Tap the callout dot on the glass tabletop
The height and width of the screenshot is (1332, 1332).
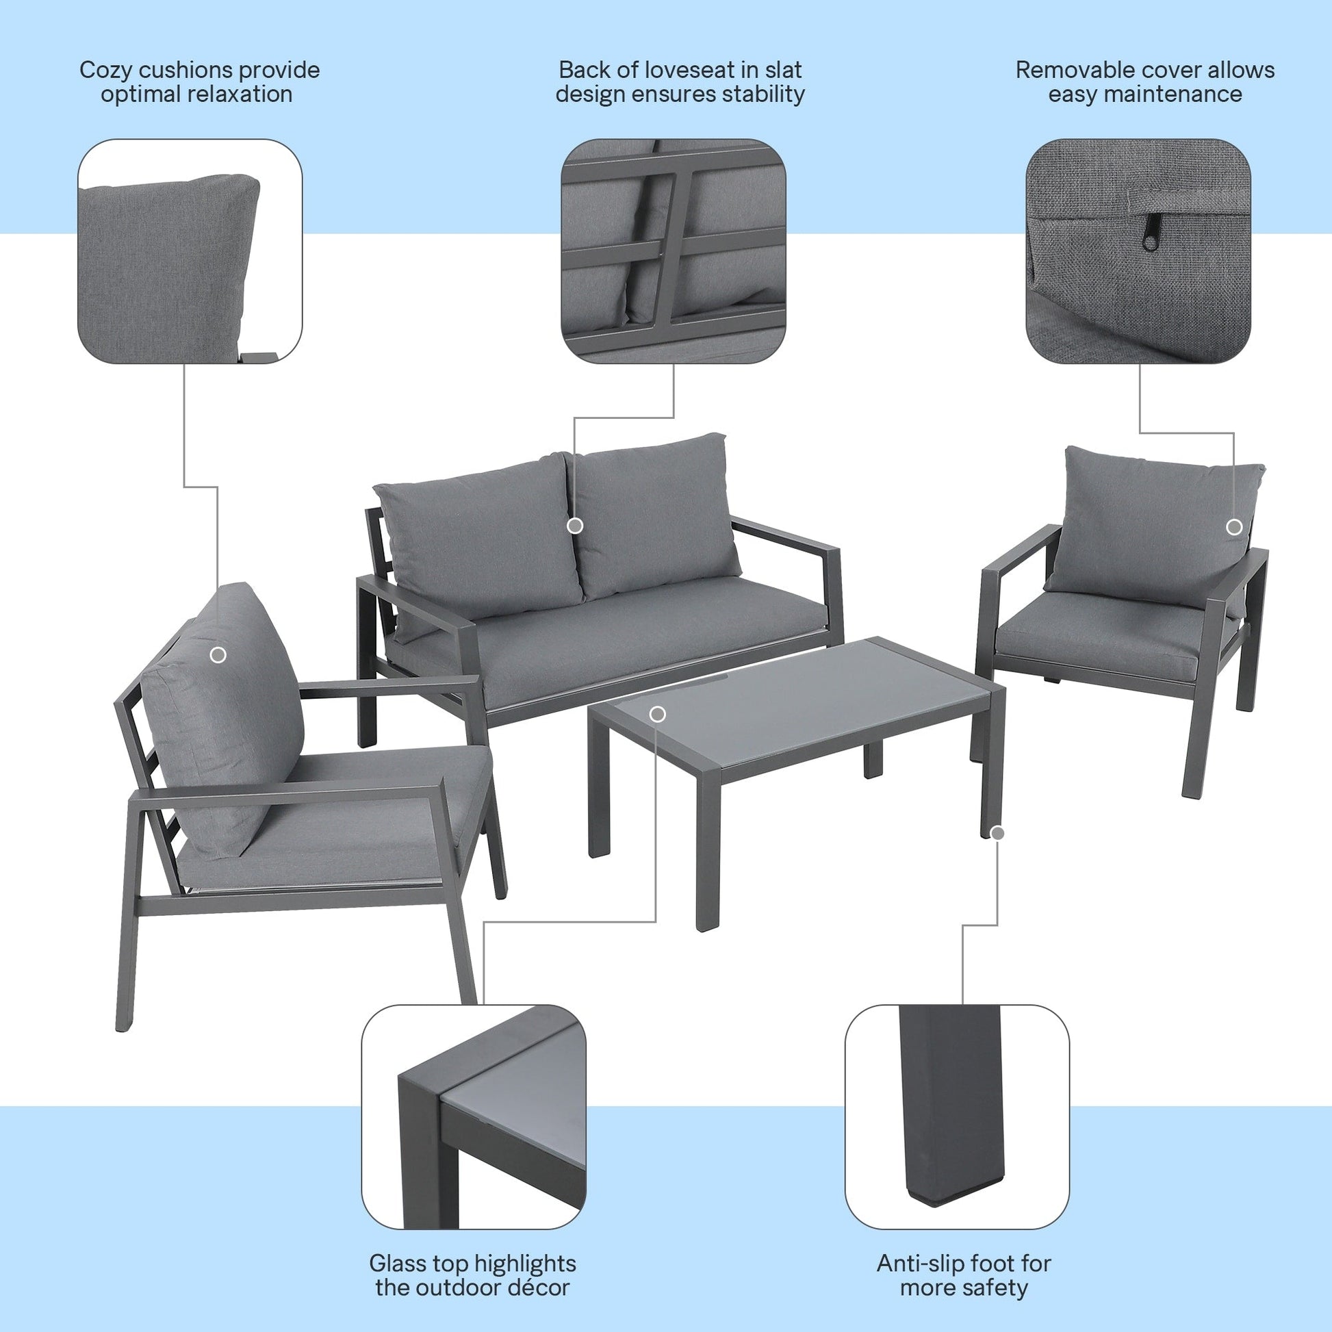pos(658,713)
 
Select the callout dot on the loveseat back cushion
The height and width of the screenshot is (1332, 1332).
pos(575,526)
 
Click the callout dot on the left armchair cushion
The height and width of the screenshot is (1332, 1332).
pos(218,655)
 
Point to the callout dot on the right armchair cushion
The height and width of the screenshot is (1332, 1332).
pos(1234,528)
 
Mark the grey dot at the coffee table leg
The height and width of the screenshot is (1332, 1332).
pos(997,834)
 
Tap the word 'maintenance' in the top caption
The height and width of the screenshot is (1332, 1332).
pos(1145,94)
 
